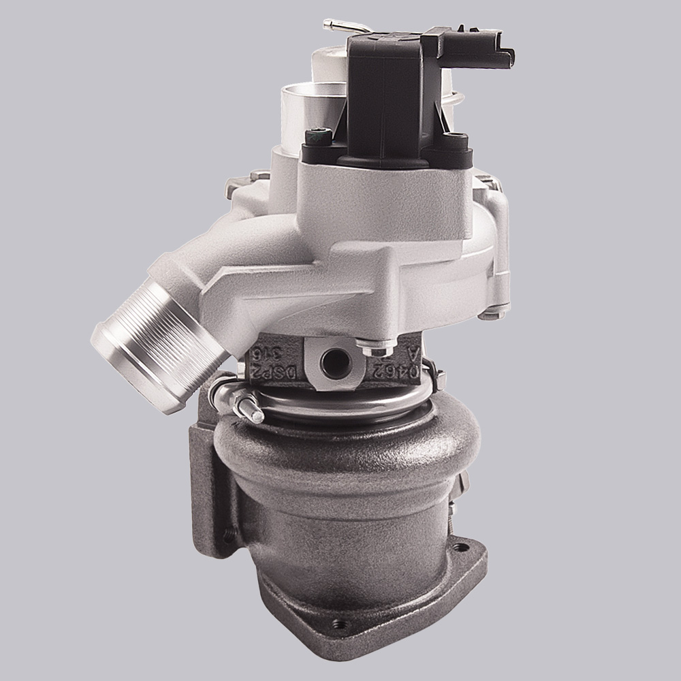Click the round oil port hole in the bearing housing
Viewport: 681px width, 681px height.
(334, 362)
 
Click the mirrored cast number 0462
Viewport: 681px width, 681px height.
(385, 368)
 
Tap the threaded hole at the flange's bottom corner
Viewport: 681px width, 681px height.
(336, 624)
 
